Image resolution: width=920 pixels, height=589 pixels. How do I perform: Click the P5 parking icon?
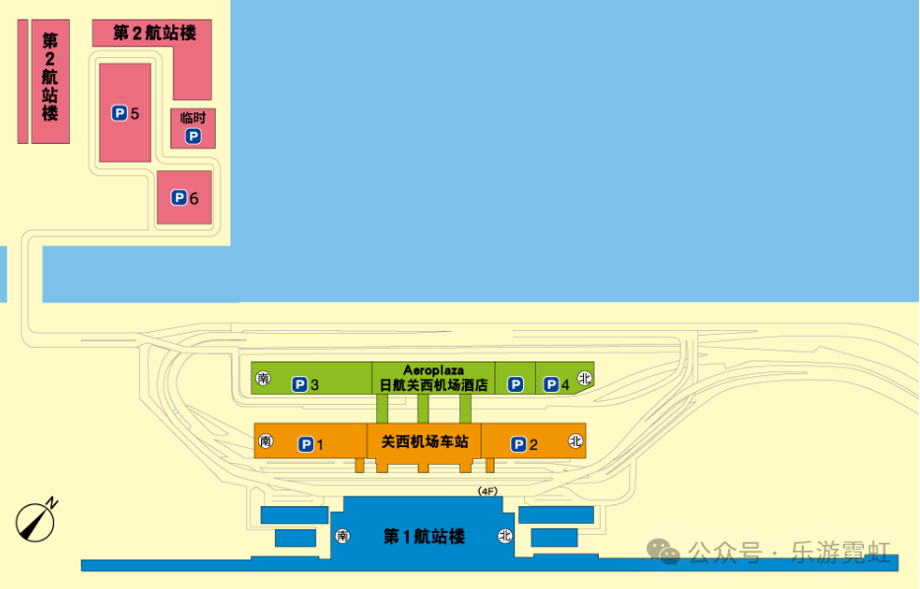120,113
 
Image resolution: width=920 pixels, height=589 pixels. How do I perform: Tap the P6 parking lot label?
185,198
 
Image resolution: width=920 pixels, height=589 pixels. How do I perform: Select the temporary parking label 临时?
193,117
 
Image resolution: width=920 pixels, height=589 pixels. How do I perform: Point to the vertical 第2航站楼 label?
50,77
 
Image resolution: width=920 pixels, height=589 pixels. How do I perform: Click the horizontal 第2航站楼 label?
155,33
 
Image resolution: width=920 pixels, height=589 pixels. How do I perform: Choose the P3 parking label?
305,384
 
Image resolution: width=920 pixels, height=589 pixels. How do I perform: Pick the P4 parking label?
557,384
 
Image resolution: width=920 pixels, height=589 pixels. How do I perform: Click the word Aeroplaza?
433,370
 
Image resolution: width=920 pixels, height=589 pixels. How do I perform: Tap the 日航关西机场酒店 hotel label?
433,385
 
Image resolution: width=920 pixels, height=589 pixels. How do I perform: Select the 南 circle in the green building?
263,378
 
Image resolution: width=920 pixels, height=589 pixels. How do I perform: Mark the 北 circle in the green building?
584,378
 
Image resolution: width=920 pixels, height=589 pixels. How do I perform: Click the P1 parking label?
311,444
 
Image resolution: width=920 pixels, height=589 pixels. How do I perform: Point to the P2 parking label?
524,444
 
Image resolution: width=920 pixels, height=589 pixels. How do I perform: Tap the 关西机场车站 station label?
425,441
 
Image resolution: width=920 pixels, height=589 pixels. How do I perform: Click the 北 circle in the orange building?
575,441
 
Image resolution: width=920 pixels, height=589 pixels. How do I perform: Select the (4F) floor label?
488,491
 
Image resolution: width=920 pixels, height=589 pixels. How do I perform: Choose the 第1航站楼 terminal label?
425,536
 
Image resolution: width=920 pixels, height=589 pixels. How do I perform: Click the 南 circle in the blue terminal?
343,536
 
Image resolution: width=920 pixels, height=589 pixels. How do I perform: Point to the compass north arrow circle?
35,522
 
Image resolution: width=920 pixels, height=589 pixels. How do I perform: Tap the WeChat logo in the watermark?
663,552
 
